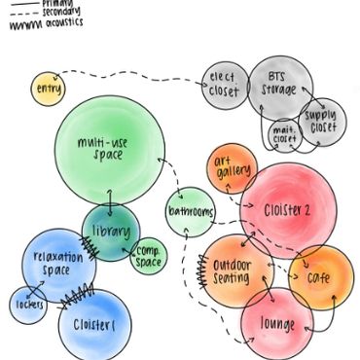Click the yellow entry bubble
[46, 90]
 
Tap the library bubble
[110, 232]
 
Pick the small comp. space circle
[149, 256]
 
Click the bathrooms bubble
[189, 211]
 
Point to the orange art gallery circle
[232, 167]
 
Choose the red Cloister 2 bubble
[288, 209]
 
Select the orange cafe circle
[320, 277]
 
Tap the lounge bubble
[275, 323]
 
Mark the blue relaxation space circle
[57, 263]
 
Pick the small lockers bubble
[27, 305]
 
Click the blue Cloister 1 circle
[94, 325]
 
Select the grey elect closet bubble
[225, 86]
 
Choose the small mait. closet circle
[284, 135]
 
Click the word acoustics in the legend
[59, 22]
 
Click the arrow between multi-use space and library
[108, 198]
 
